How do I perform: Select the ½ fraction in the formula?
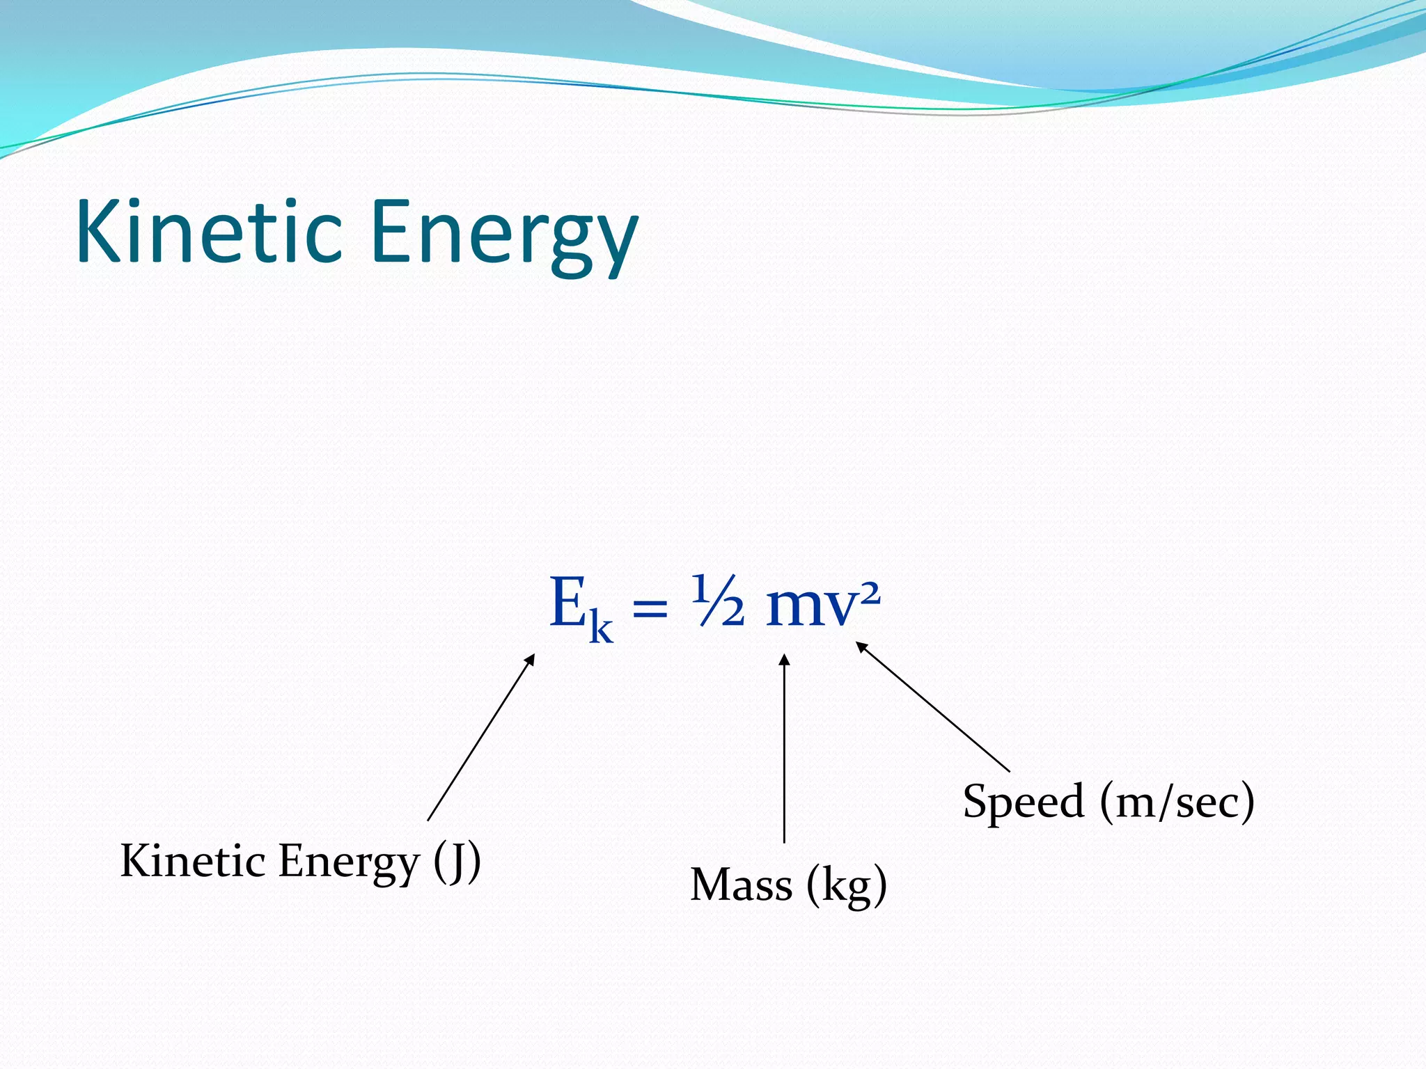(x=718, y=601)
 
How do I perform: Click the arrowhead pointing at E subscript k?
(x=531, y=658)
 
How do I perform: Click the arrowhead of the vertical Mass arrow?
(x=784, y=660)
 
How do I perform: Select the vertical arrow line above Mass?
(x=784, y=752)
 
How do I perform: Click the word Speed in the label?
(x=1024, y=802)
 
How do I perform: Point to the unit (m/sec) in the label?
(x=1177, y=802)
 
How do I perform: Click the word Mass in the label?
(x=741, y=885)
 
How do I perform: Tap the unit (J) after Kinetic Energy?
(x=457, y=862)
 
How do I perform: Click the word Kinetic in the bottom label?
(x=193, y=861)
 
